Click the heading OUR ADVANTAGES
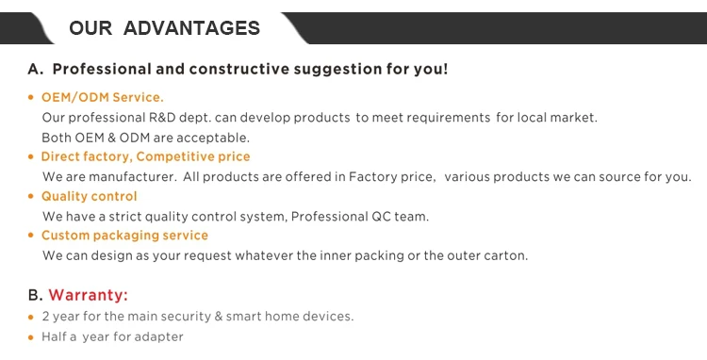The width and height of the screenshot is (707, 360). coord(165,28)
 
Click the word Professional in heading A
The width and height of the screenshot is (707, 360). coord(102,69)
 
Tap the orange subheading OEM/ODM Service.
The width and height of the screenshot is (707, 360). coord(103,97)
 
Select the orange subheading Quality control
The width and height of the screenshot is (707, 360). coord(89,196)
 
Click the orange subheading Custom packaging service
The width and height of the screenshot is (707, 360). coord(124,236)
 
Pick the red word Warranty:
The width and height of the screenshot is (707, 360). coord(89,295)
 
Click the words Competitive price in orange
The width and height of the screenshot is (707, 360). coord(193,156)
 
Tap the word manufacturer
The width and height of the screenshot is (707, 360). coord(133,176)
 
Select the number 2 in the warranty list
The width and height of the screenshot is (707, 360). coord(45,317)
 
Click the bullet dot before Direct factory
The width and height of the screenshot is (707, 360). coord(31,156)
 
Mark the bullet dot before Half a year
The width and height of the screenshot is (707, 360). coord(31,337)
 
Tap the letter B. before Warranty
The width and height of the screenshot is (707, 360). coord(35,295)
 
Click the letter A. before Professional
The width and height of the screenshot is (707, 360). coord(36,70)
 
